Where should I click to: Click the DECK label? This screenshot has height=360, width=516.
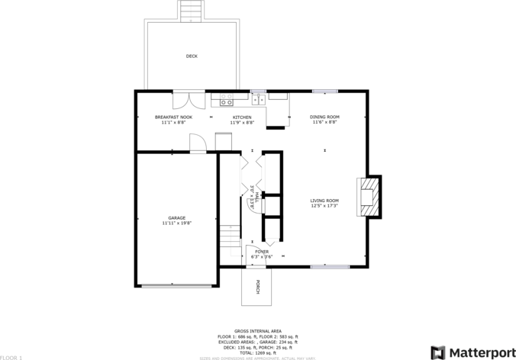[192, 56]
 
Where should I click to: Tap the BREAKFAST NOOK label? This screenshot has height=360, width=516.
[173, 117]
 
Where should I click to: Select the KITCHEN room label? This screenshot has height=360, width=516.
[241, 117]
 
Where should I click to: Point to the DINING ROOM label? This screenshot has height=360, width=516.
[324, 117]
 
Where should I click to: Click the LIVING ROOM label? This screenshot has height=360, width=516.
[324, 201]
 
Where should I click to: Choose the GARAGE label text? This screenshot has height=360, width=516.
[177, 218]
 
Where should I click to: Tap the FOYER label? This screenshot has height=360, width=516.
[262, 251]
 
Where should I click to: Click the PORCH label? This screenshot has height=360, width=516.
[258, 287]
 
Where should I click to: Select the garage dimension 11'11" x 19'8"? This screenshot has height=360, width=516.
[177, 223]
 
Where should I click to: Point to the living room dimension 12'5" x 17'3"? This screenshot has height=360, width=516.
[324, 206]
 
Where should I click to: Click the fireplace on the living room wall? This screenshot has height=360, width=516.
[368, 196]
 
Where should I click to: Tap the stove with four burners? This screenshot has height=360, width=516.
[226, 99]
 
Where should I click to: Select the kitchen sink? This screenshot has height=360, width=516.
[258, 98]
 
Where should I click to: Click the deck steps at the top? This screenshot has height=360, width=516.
[192, 11]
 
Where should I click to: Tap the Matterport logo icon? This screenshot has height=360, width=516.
[437, 352]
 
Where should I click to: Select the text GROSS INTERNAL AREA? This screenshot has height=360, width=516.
[258, 330]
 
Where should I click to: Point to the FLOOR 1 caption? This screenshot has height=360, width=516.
[12, 357]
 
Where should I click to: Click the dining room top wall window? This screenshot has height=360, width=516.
[324, 92]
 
